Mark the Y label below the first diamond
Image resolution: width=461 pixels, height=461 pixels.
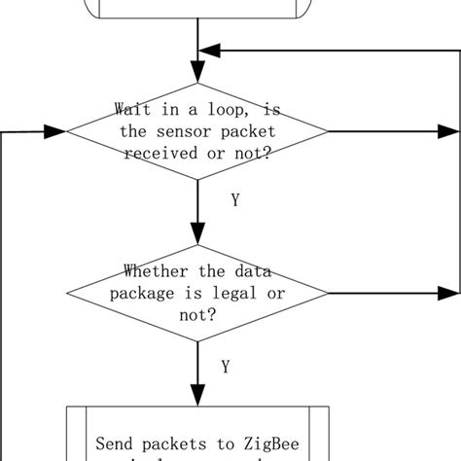tap(235, 199)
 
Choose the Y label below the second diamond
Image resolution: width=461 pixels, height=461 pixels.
tap(226, 367)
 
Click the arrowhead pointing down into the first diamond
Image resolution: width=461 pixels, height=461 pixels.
tap(198, 72)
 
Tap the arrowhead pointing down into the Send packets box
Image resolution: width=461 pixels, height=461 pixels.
tap(198, 395)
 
